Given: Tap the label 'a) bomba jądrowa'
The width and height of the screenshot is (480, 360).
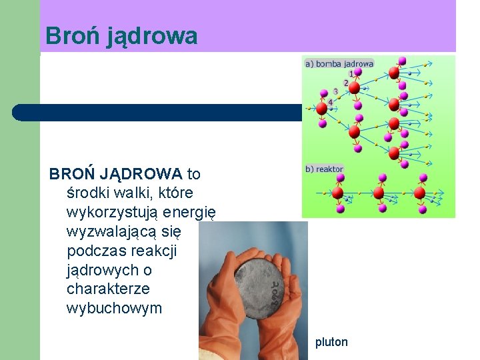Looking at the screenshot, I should click(339, 64).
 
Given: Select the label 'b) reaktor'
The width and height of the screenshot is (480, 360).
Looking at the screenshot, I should click(324, 169).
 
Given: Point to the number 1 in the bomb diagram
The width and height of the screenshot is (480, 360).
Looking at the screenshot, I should click(351, 73).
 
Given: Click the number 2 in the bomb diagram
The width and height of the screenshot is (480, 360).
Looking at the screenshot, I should click(345, 83).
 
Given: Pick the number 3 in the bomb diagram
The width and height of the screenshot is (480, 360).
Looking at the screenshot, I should click(335, 91).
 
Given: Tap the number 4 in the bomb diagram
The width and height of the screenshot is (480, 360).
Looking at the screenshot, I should click(330, 101).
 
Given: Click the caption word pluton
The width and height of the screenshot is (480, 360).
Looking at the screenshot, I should click(332, 342).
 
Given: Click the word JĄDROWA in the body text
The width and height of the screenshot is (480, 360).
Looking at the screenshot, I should click(141, 175).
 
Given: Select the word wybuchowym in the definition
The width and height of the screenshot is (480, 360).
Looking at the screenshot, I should click(114, 308).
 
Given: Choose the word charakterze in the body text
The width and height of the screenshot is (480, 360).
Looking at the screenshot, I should click(108, 289).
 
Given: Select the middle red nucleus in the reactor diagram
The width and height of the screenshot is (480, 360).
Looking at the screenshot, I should click(379, 193).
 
